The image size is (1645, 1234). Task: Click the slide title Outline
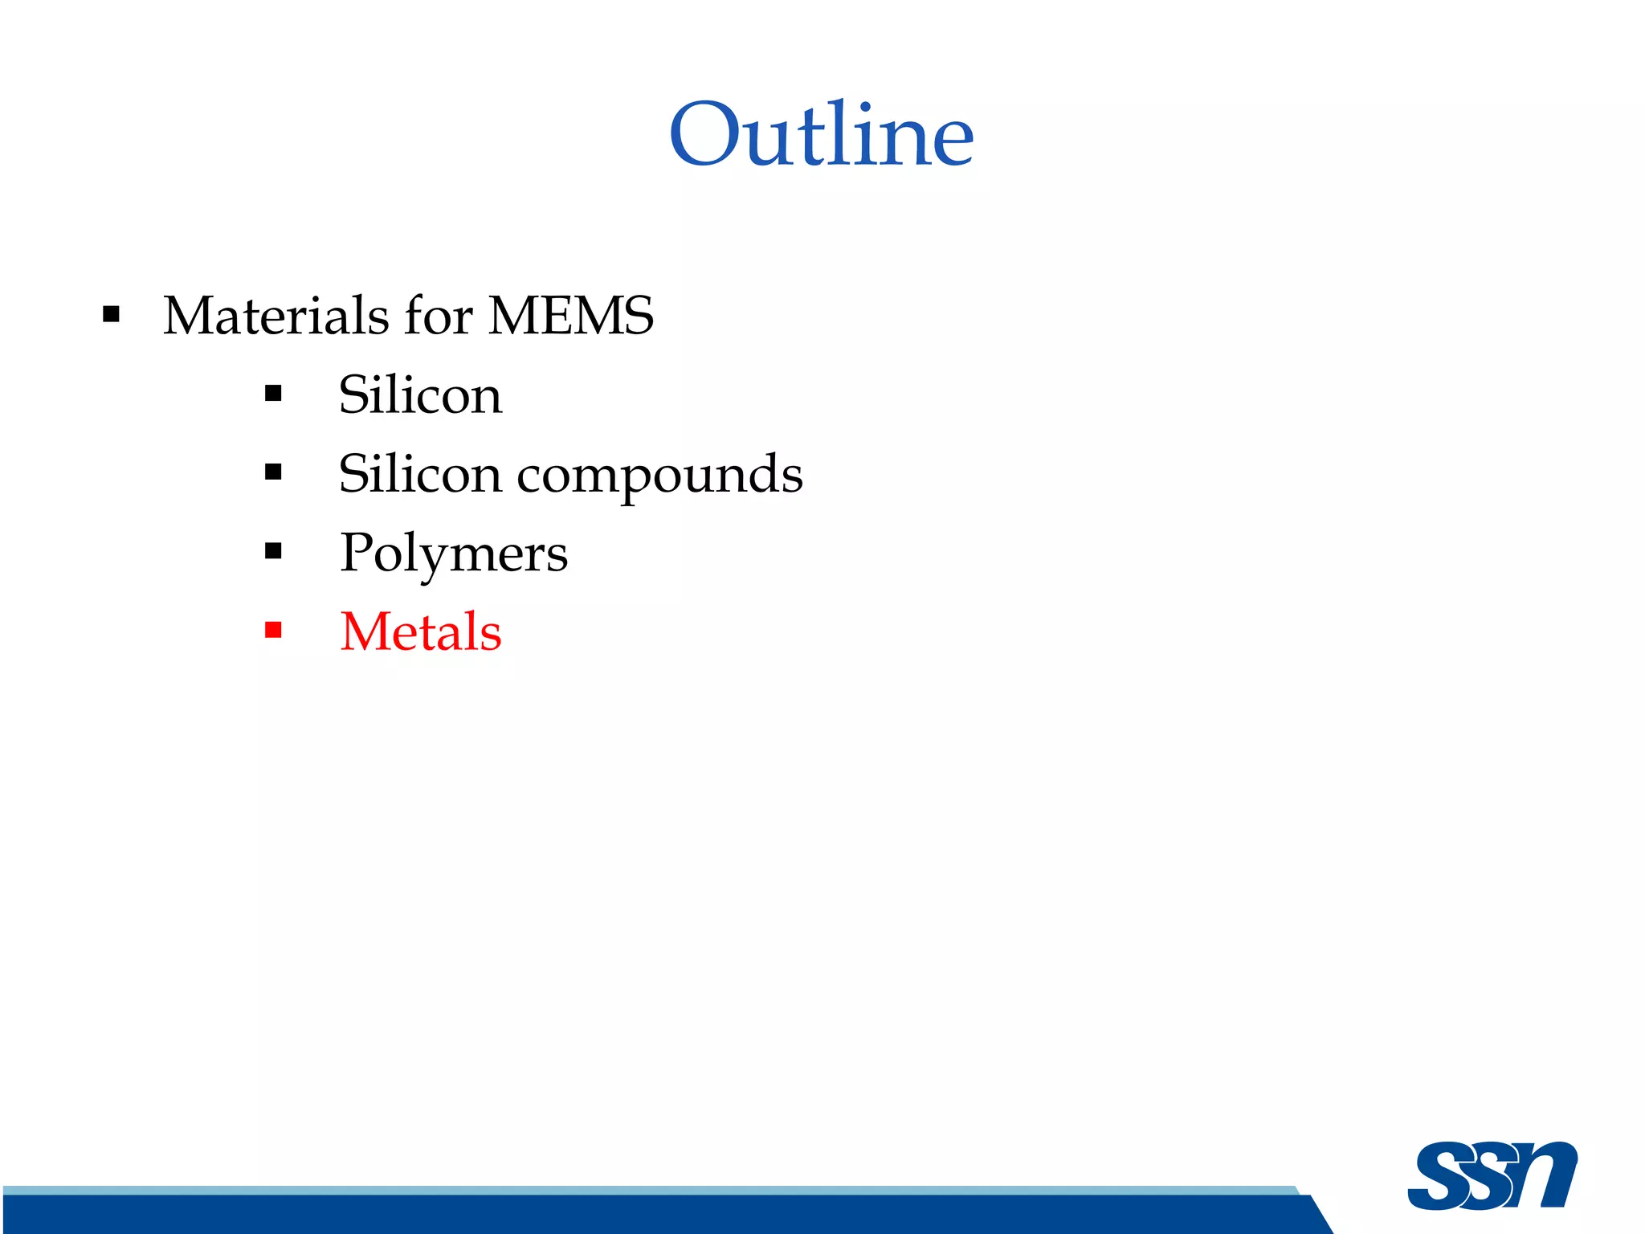click(x=821, y=134)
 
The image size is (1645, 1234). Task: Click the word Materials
click(x=276, y=315)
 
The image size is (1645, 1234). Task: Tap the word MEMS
click(x=571, y=315)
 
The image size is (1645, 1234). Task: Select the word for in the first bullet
click(x=439, y=315)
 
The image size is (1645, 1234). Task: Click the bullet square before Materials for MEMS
click(x=112, y=314)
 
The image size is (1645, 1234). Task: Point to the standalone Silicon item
click(x=420, y=394)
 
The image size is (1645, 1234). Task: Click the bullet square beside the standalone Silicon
click(x=273, y=394)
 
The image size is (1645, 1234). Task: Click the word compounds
click(x=659, y=474)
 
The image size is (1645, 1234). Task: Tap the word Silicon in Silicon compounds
click(x=420, y=473)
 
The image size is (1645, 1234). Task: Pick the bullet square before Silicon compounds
click(x=273, y=472)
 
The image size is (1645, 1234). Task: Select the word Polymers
click(x=453, y=553)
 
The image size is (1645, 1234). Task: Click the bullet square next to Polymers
click(x=273, y=551)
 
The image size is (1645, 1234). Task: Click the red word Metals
click(x=420, y=631)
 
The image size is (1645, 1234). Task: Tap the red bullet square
click(x=273, y=630)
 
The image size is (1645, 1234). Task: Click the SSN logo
click(x=1492, y=1175)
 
